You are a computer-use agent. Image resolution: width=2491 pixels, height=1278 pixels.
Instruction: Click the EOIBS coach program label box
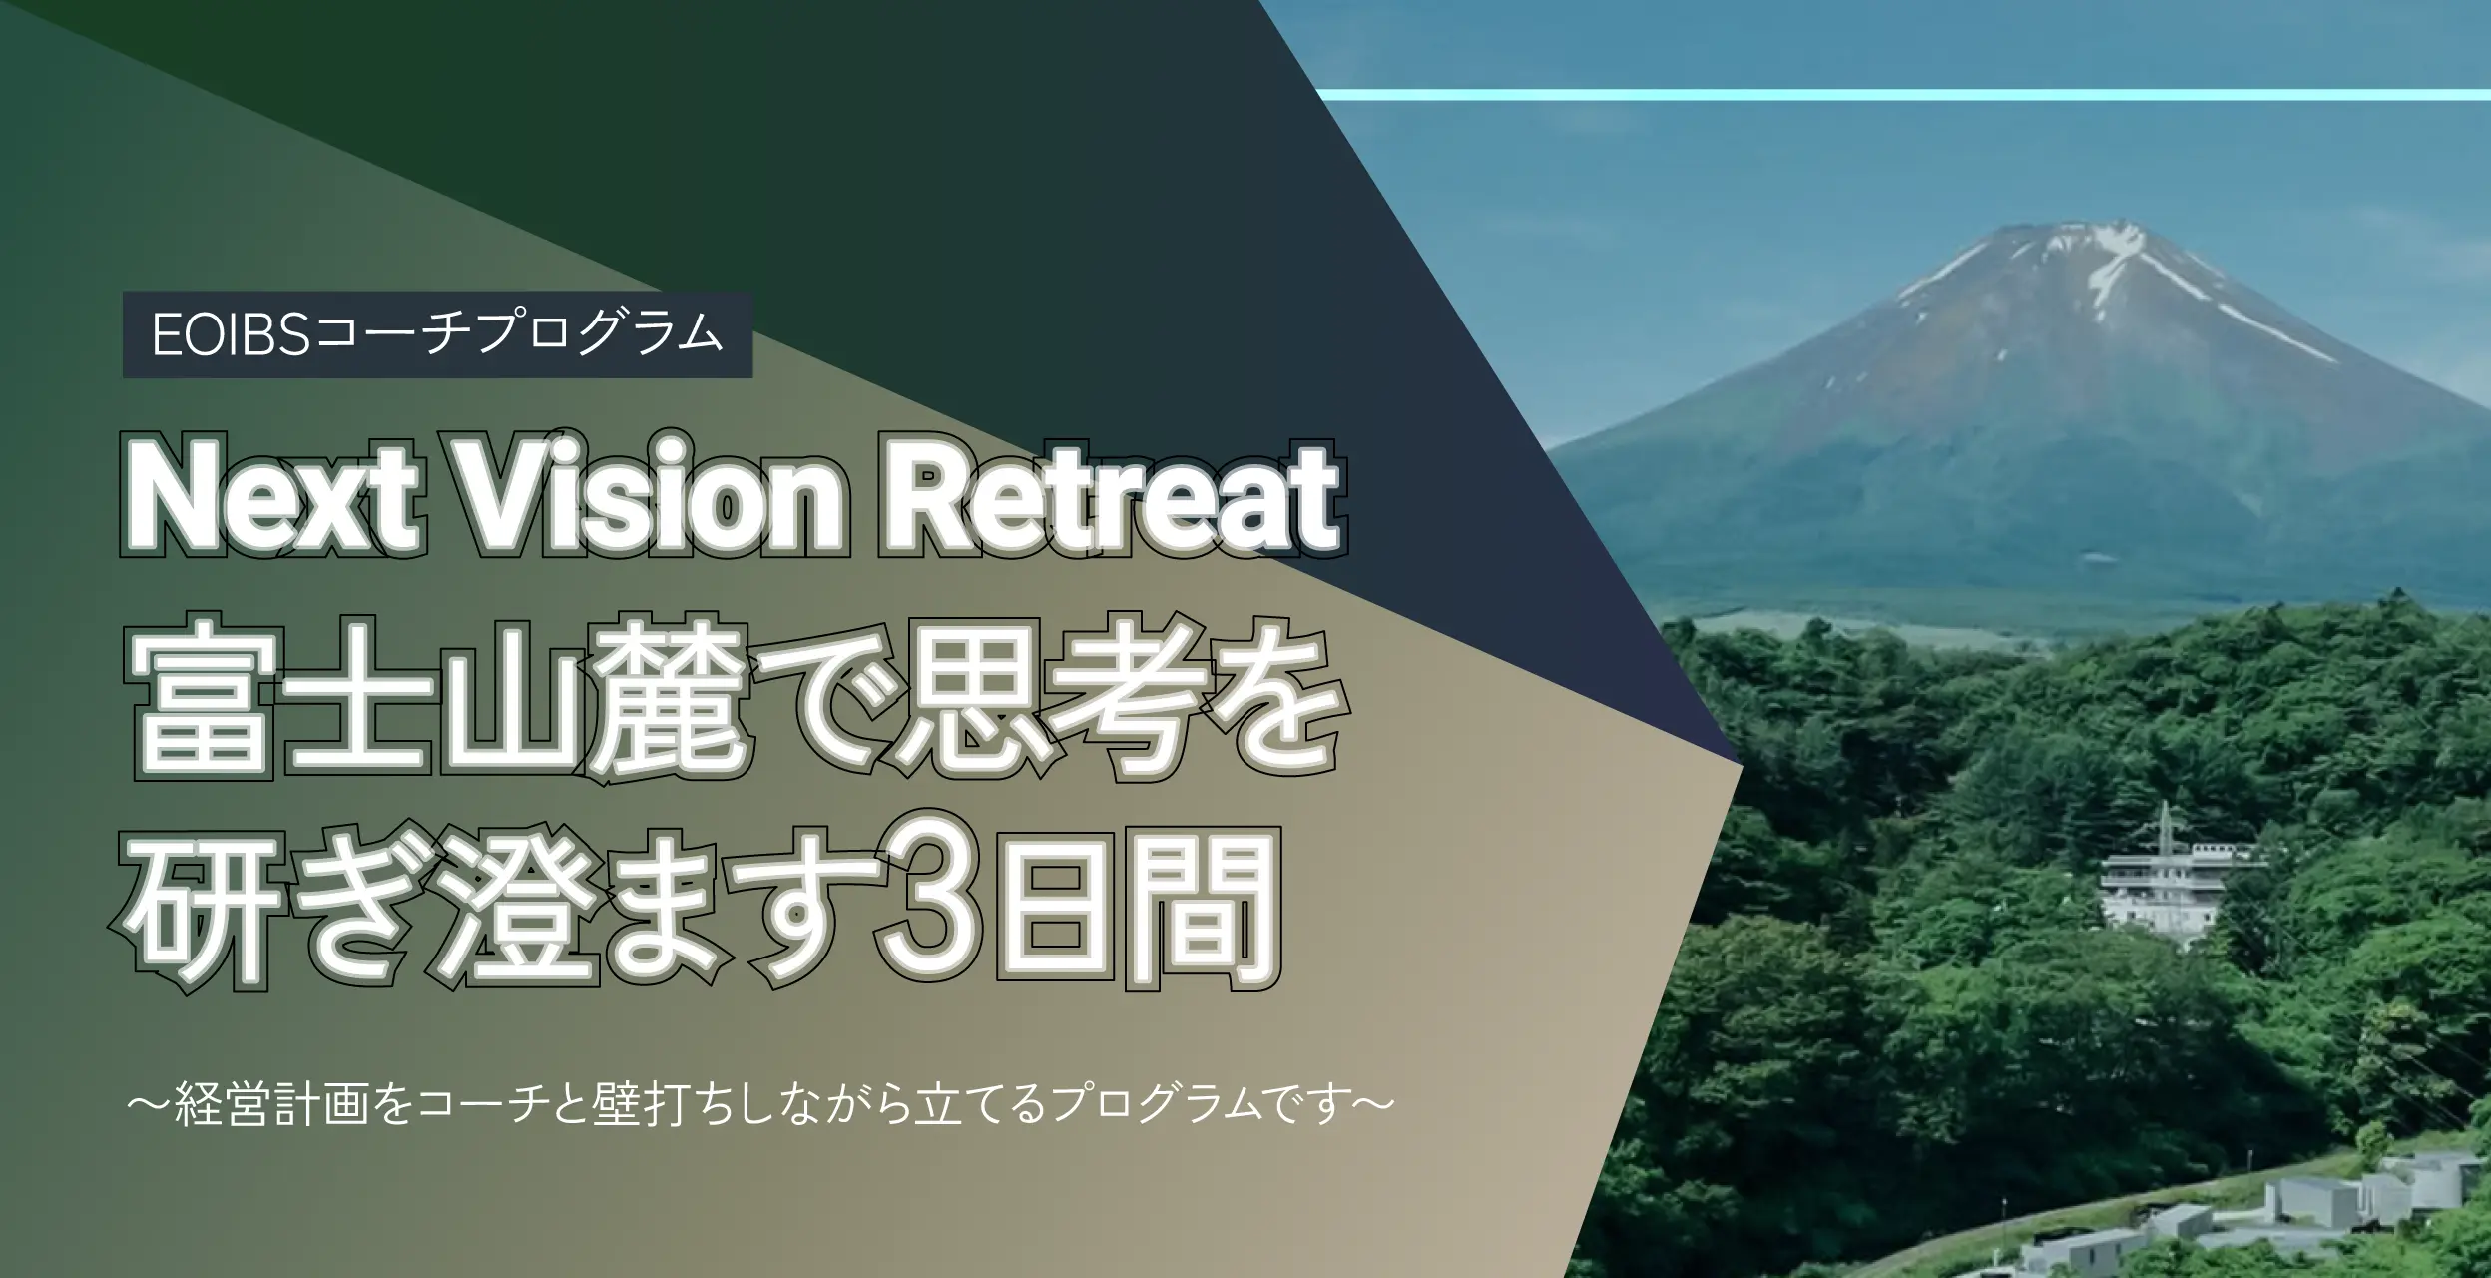pos(437,334)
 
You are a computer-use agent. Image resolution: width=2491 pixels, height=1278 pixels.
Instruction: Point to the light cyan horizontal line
pos(1904,94)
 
